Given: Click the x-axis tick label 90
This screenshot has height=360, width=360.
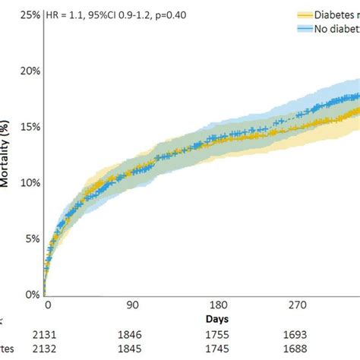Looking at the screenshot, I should pos(132,305).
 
